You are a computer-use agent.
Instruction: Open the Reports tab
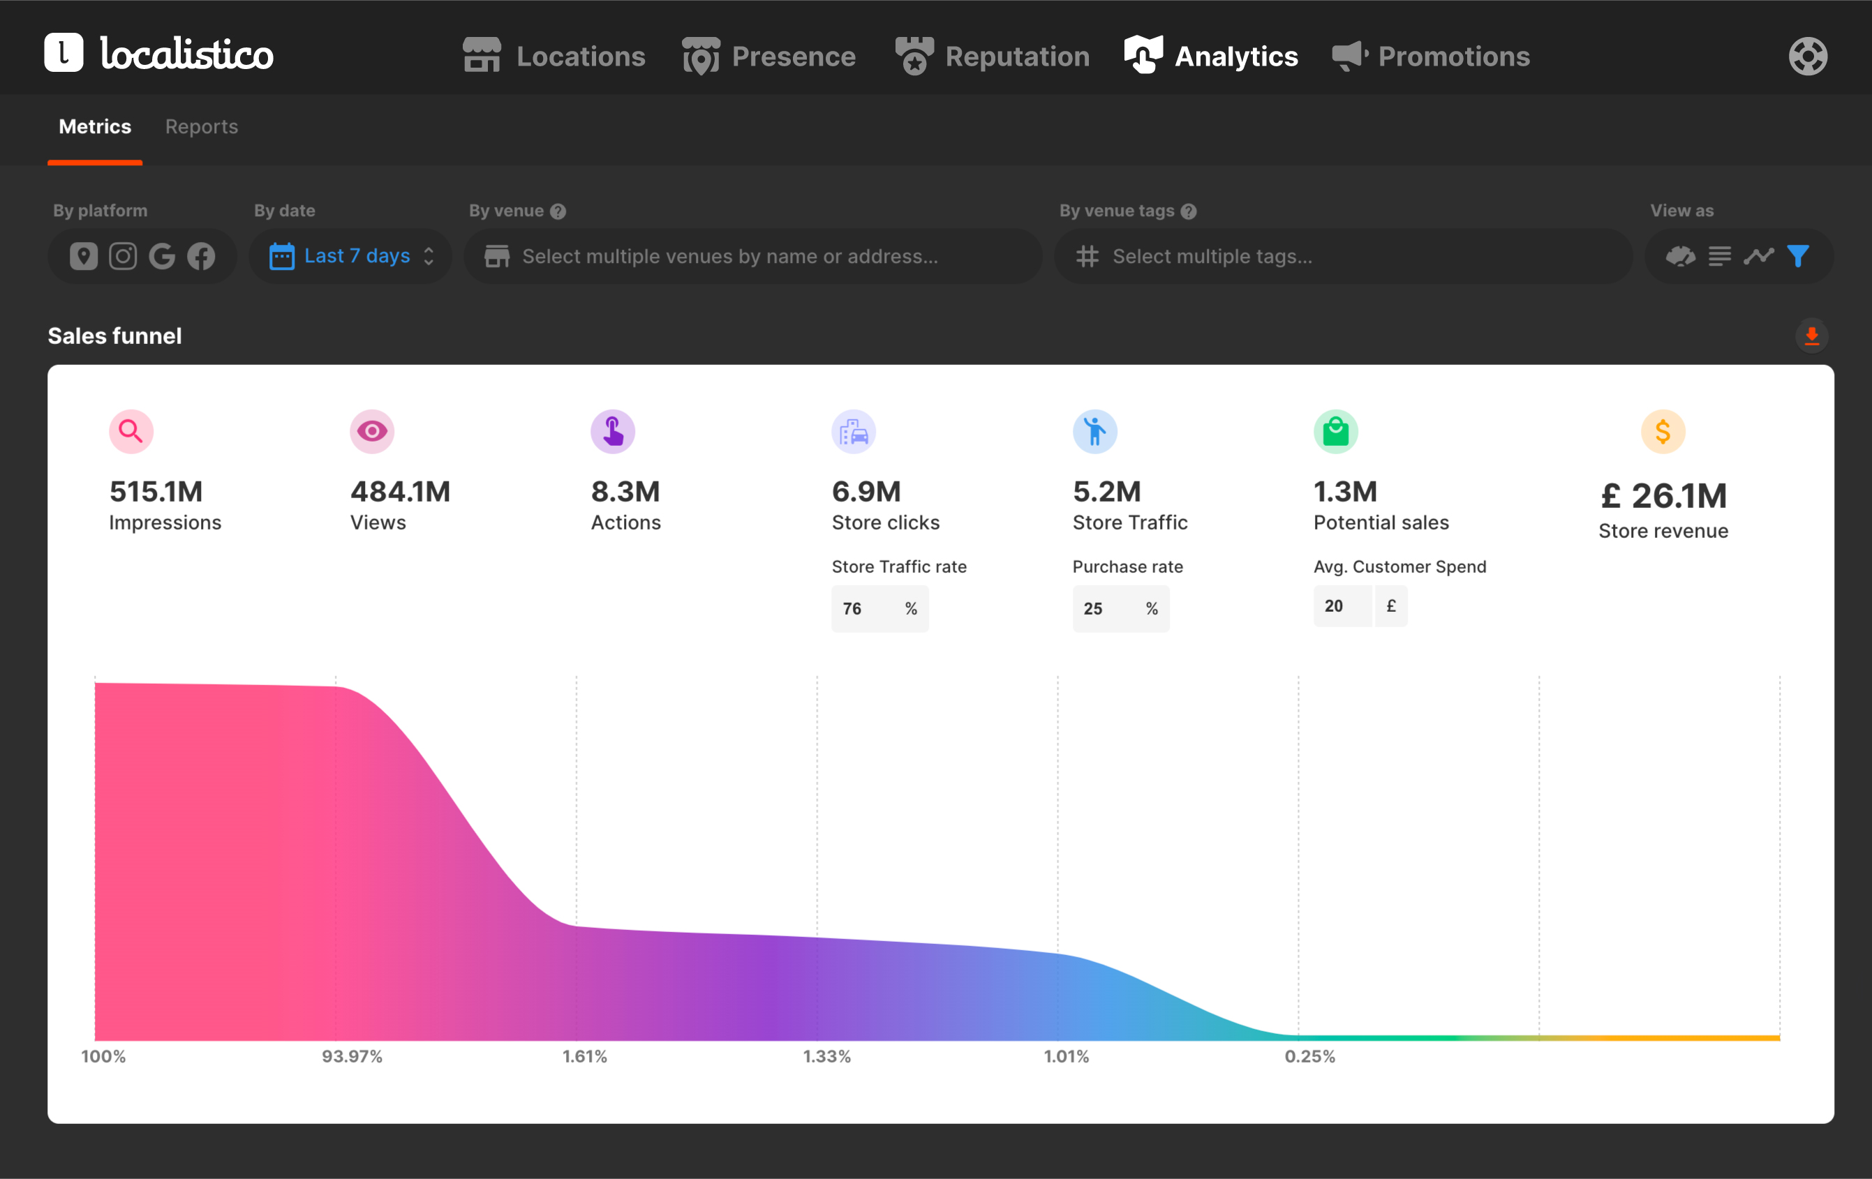coord(201,127)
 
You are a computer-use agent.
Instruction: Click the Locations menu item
coord(554,56)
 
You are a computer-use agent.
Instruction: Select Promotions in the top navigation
coord(1430,56)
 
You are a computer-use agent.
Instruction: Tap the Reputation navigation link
coord(992,56)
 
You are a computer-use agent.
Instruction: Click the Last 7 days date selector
coord(350,256)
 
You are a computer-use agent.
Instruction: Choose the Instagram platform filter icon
coord(123,256)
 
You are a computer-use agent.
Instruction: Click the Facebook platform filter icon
coord(201,256)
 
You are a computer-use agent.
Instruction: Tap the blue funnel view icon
coord(1797,256)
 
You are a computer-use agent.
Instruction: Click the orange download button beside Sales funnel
coord(1811,336)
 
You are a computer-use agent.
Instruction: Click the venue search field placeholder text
coord(730,256)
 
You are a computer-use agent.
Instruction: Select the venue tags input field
coord(1343,256)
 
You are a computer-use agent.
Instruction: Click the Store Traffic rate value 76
coord(852,608)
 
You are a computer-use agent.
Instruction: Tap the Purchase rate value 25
coord(1093,608)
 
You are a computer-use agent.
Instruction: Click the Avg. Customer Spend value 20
coord(1334,606)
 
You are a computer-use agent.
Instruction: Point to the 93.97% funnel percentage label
coord(352,1056)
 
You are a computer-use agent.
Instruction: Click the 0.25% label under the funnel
coord(1310,1056)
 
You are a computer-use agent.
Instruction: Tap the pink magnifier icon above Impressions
coord(131,431)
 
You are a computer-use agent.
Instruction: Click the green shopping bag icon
coord(1335,431)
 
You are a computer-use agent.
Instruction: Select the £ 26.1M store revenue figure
coord(1664,496)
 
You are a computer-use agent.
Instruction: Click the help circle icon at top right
coord(1808,56)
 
